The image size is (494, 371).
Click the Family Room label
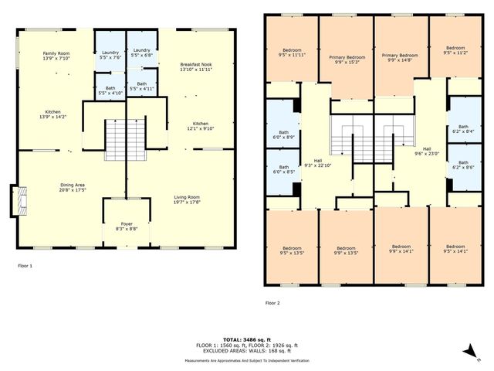click(x=56, y=55)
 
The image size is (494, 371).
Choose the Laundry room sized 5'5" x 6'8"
click(x=141, y=53)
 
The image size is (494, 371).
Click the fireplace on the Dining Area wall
click(x=19, y=200)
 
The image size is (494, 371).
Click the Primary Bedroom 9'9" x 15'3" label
click(x=347, y=60)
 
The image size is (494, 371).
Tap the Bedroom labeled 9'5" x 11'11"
click(x=293, y=53)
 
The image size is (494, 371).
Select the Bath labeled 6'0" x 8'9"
click(x=283, y=134)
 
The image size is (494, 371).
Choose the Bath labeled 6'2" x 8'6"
click(x=464, y=166)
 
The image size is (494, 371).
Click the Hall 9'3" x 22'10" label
click(x=317, y=164)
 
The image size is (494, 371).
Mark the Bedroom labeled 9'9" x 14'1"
click(x=400, y=250)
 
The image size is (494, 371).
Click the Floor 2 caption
click(x=274, y=303)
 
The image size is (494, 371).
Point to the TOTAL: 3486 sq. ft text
click(x=246, y=339)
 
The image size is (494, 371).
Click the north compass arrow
click(x=469, y=353)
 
